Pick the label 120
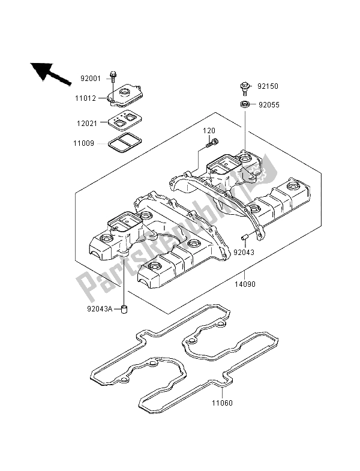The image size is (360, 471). pyautogui.click(x=208, y=130)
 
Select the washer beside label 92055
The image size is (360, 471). pyautogui.click(x=245, y=105)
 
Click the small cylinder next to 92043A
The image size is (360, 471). pyautogui.click(x=125, y=310)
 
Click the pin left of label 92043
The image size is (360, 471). pyautogui.click(x=245, y=236)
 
